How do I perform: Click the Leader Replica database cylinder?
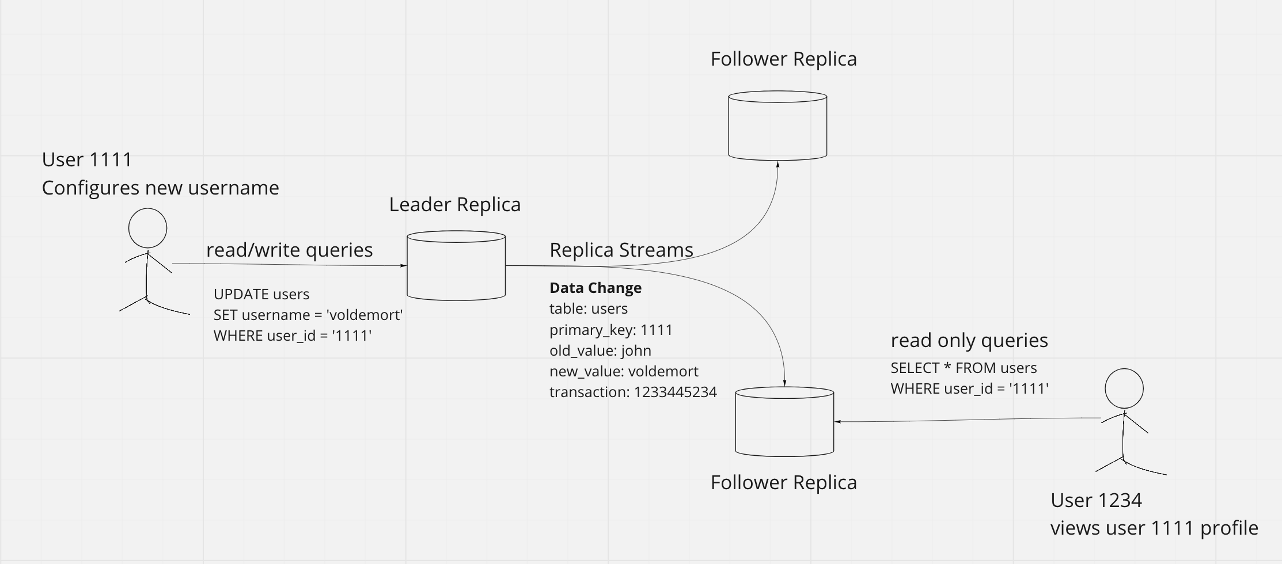pos(456,266)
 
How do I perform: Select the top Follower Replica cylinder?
pos(777,125)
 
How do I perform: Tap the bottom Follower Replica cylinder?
pos(784,422)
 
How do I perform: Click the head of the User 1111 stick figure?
pos(147,228)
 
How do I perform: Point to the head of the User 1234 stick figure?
pos(1124,388)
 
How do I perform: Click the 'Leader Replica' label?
pos(454,204)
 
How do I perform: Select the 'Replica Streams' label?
pos(621,250)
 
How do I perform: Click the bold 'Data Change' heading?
pos(595,288)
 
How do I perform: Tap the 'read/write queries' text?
pos(289,250)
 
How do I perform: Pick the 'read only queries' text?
pos(969,340)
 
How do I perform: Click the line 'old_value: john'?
pos(600,350)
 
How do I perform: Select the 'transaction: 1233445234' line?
pos(632,392)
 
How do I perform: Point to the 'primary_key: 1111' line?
pos(610,330)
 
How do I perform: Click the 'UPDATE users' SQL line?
pos(261,294)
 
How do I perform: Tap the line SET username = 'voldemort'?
pos(308,315)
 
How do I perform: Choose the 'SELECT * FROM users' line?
pos(963,368)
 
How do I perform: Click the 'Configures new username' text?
pos(160,188)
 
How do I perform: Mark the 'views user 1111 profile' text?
pos(1154,528)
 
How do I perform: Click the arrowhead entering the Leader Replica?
pos(404,266)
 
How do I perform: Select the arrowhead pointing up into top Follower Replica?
pos(777,164)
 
